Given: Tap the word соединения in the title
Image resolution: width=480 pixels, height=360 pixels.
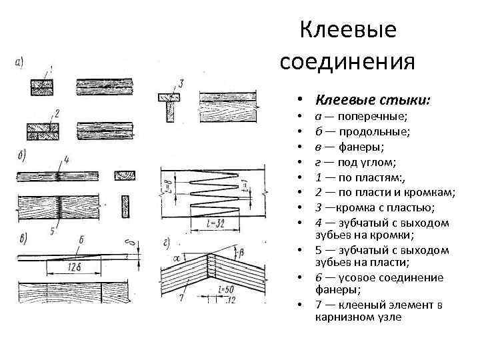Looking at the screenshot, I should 347,61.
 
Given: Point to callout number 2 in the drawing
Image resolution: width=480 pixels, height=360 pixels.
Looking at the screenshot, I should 58,113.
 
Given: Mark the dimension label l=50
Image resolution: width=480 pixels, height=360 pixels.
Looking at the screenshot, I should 228,291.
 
